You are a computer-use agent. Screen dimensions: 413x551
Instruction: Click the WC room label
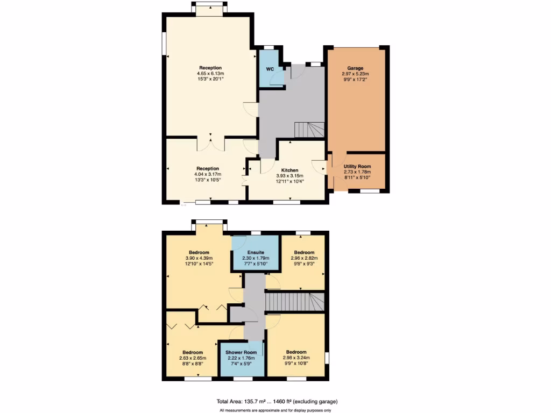pos(270,69)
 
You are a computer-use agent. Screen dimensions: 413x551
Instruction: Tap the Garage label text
pos(355,68)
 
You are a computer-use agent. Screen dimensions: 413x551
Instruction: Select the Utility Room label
pos(357,167)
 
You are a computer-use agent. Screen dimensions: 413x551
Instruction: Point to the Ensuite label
pos(255,252)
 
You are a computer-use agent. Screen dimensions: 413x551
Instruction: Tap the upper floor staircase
pos(295,302)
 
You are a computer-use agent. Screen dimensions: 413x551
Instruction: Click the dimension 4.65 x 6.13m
pos(210,73)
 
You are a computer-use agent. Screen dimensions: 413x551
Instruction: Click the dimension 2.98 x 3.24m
pos(296,358)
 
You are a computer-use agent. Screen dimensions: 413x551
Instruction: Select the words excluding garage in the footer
pos(318,401)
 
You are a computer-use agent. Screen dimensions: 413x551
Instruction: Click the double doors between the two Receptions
pos(210,143)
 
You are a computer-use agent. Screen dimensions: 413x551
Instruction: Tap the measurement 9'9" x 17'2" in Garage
pos(355,79)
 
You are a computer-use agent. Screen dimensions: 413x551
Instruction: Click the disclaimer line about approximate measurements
pos(275,411)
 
